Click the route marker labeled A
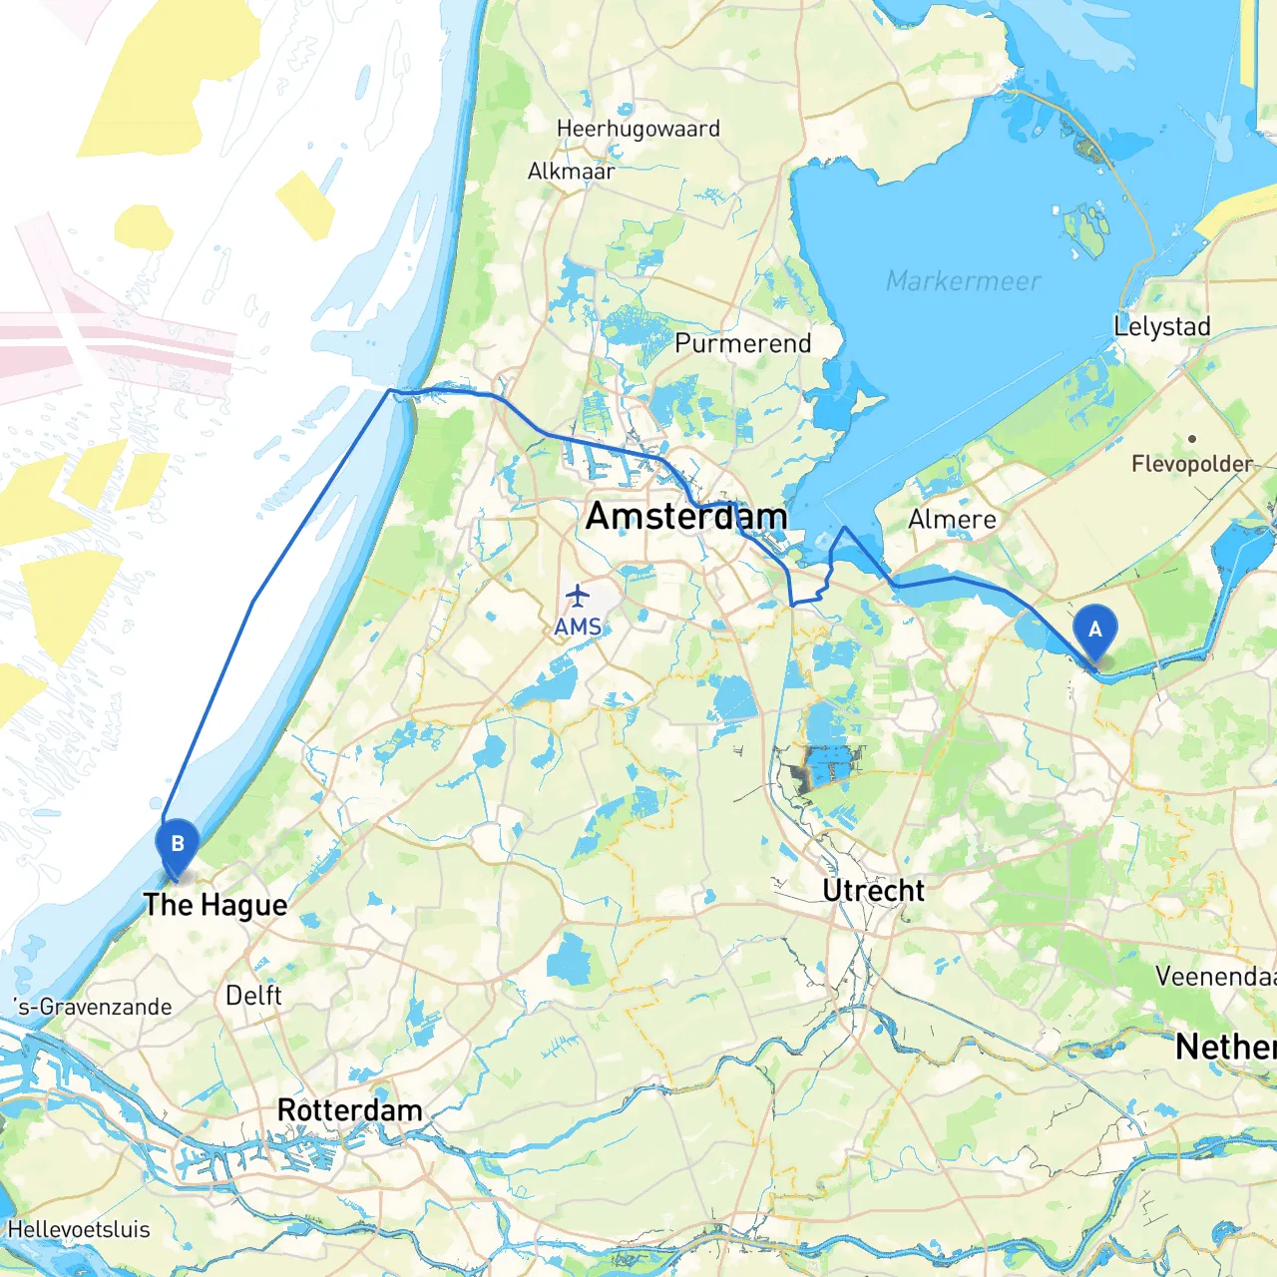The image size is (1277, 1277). point(1094,632)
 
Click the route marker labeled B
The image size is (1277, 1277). point(178,845)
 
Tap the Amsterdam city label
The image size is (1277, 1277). point(686,516)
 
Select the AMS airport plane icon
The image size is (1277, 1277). point(578,597)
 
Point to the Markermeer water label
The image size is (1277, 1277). point(963,281)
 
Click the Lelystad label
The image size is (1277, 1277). point(1161,326)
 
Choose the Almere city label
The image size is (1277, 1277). point(952,520)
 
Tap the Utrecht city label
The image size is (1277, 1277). point(873,890)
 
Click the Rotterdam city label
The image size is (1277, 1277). point(349,1110)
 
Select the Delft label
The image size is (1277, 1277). point(253,996)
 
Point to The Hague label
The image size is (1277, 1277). point(214,905)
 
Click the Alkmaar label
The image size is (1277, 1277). point(571,172)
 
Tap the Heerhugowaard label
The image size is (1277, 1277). point(638,129)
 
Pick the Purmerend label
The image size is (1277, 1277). point(742,343)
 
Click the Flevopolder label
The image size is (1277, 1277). point(1191,464)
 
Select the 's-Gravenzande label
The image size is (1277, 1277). point(94,1007)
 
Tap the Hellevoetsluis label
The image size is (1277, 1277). point(79,1229)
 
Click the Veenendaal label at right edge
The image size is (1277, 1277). point(1215,976)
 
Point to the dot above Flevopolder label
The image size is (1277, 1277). point(1191,438)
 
